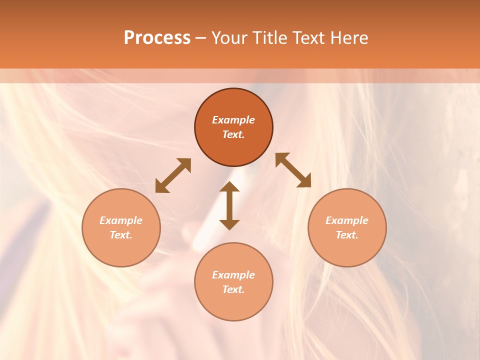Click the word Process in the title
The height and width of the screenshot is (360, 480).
(x=157, y=38)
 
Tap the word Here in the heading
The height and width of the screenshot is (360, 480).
(x=348, y=38)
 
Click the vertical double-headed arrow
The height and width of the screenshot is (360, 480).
(x=229, y=205)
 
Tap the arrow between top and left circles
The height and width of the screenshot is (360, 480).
(x=173, y=175)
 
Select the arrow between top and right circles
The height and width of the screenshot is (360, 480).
(x=293, y=170)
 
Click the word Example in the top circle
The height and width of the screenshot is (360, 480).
(x=233, y=120)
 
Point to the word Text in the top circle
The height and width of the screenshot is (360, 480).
(x=233, y=134)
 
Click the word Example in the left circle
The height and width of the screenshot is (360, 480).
(x=121, y=220)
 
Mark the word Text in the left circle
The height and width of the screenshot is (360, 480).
(x=121, y=235)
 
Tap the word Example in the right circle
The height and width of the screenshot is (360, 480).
(x=347, y=220)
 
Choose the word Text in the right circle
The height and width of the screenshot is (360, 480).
(x=347, y=235)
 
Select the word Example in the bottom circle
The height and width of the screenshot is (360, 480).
(x=233, y=275)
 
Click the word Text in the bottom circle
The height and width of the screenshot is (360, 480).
(x=233, y=289)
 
